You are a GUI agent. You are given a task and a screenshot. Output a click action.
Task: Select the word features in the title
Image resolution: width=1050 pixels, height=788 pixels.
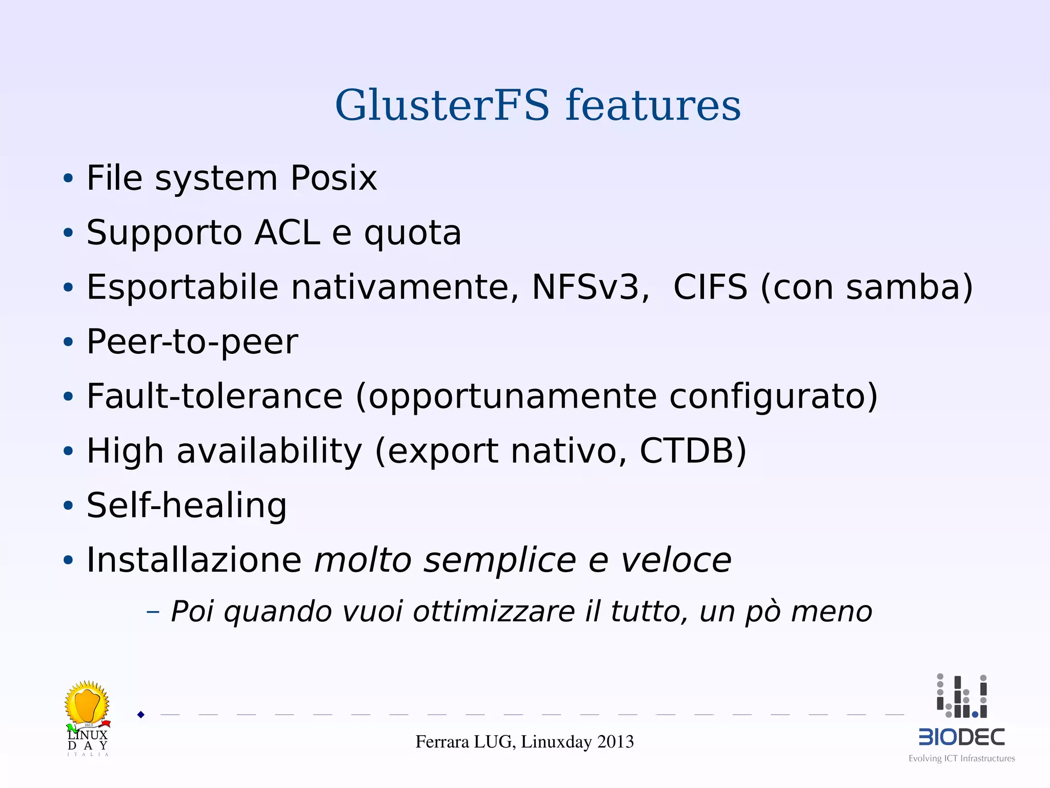click(x=653, y=105)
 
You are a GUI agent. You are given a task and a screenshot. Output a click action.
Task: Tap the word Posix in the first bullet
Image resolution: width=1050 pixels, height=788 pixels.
click(x=334, y=178)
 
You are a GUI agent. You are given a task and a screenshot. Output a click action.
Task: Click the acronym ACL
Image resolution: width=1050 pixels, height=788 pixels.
click(x=287, y=233)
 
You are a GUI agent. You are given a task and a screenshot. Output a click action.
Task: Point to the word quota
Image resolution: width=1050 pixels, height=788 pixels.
click(x=413, y=234)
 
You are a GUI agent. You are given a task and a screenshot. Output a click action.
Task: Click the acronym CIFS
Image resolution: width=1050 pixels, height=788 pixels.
click(x=710, y=287)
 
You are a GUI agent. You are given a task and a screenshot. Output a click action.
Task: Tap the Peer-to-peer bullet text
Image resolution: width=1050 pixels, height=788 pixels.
click(x=192, y=342)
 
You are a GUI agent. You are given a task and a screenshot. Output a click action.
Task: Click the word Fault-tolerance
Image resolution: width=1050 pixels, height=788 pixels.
click(x=214, y=396)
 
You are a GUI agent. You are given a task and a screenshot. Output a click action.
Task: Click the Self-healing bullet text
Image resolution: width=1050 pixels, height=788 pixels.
click(x=187, y=506)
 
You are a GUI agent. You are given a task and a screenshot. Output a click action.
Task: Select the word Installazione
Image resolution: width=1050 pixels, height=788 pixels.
click(x=194, y=560)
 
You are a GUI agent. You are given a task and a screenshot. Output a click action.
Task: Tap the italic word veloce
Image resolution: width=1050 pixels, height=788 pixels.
click(x=676, y=560)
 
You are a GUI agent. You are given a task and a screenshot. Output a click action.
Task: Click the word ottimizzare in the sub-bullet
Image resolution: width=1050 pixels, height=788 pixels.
click(x=494, y=612)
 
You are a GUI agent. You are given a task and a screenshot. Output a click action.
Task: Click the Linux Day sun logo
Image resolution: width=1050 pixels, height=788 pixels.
click(x=87, y=703)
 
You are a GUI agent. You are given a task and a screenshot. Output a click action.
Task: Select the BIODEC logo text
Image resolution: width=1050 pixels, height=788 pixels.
click(x=961, y=737)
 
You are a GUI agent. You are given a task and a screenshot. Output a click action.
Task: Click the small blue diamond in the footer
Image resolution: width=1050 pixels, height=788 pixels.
click(x=141, y=715)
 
